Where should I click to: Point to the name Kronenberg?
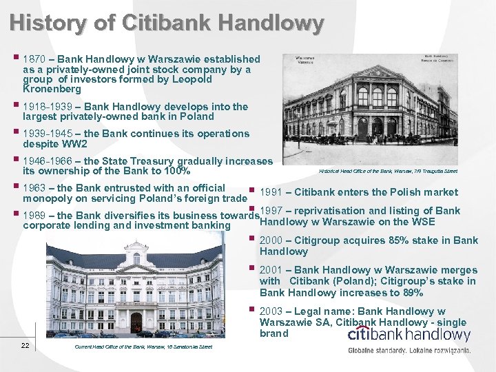tap(52, 89)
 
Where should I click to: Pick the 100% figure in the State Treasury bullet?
tap(176, 171)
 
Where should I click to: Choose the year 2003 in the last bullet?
tap(272, 311)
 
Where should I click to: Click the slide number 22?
tap(25, 345)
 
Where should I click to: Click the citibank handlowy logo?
tap(409, 335)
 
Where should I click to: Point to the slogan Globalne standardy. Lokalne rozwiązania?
tap(409, 350)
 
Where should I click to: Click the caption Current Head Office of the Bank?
tap(143, 346)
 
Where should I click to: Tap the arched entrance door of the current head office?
tap(136, 321)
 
